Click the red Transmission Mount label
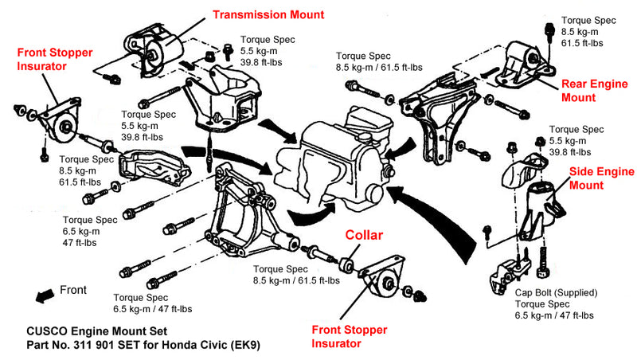click(x=268, y=14)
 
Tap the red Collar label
click(x=364, y=235)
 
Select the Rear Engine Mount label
click(x=594, y=91)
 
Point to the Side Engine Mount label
click(x=601, y=178)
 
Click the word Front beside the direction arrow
click(x=73, y=290)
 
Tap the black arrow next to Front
click(x=45, y=295)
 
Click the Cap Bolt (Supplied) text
click(x=556, y=292)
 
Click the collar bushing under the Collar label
click(x=346, y=264)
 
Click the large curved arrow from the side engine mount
click(x=439, y=219)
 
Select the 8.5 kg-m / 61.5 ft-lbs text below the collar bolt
click(x=296, y=280)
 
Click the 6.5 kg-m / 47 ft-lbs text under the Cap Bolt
click(x=554, y=315)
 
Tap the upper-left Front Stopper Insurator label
click(x=55, y=59)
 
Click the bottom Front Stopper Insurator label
click(x=350, y=336)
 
